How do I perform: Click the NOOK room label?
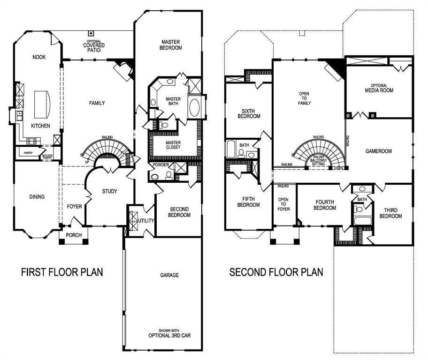[39, 57]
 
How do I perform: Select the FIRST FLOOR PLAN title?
[62, 272]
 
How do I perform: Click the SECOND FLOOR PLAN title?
[276, 272]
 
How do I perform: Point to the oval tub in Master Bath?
[194, 108]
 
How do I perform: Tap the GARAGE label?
[169, 275]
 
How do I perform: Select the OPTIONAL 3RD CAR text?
[169, 336]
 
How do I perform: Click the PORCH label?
[73, 235]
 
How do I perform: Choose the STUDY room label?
[109, 191]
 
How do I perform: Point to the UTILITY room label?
[146, 220]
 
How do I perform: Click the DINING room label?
[37, 197]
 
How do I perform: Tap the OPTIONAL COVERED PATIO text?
[94, 45]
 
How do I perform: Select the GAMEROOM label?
[378, 151]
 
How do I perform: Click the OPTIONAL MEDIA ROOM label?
[379, 88]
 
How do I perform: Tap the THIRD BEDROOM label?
[390, 213]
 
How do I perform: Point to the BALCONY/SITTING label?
[319, 162]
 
